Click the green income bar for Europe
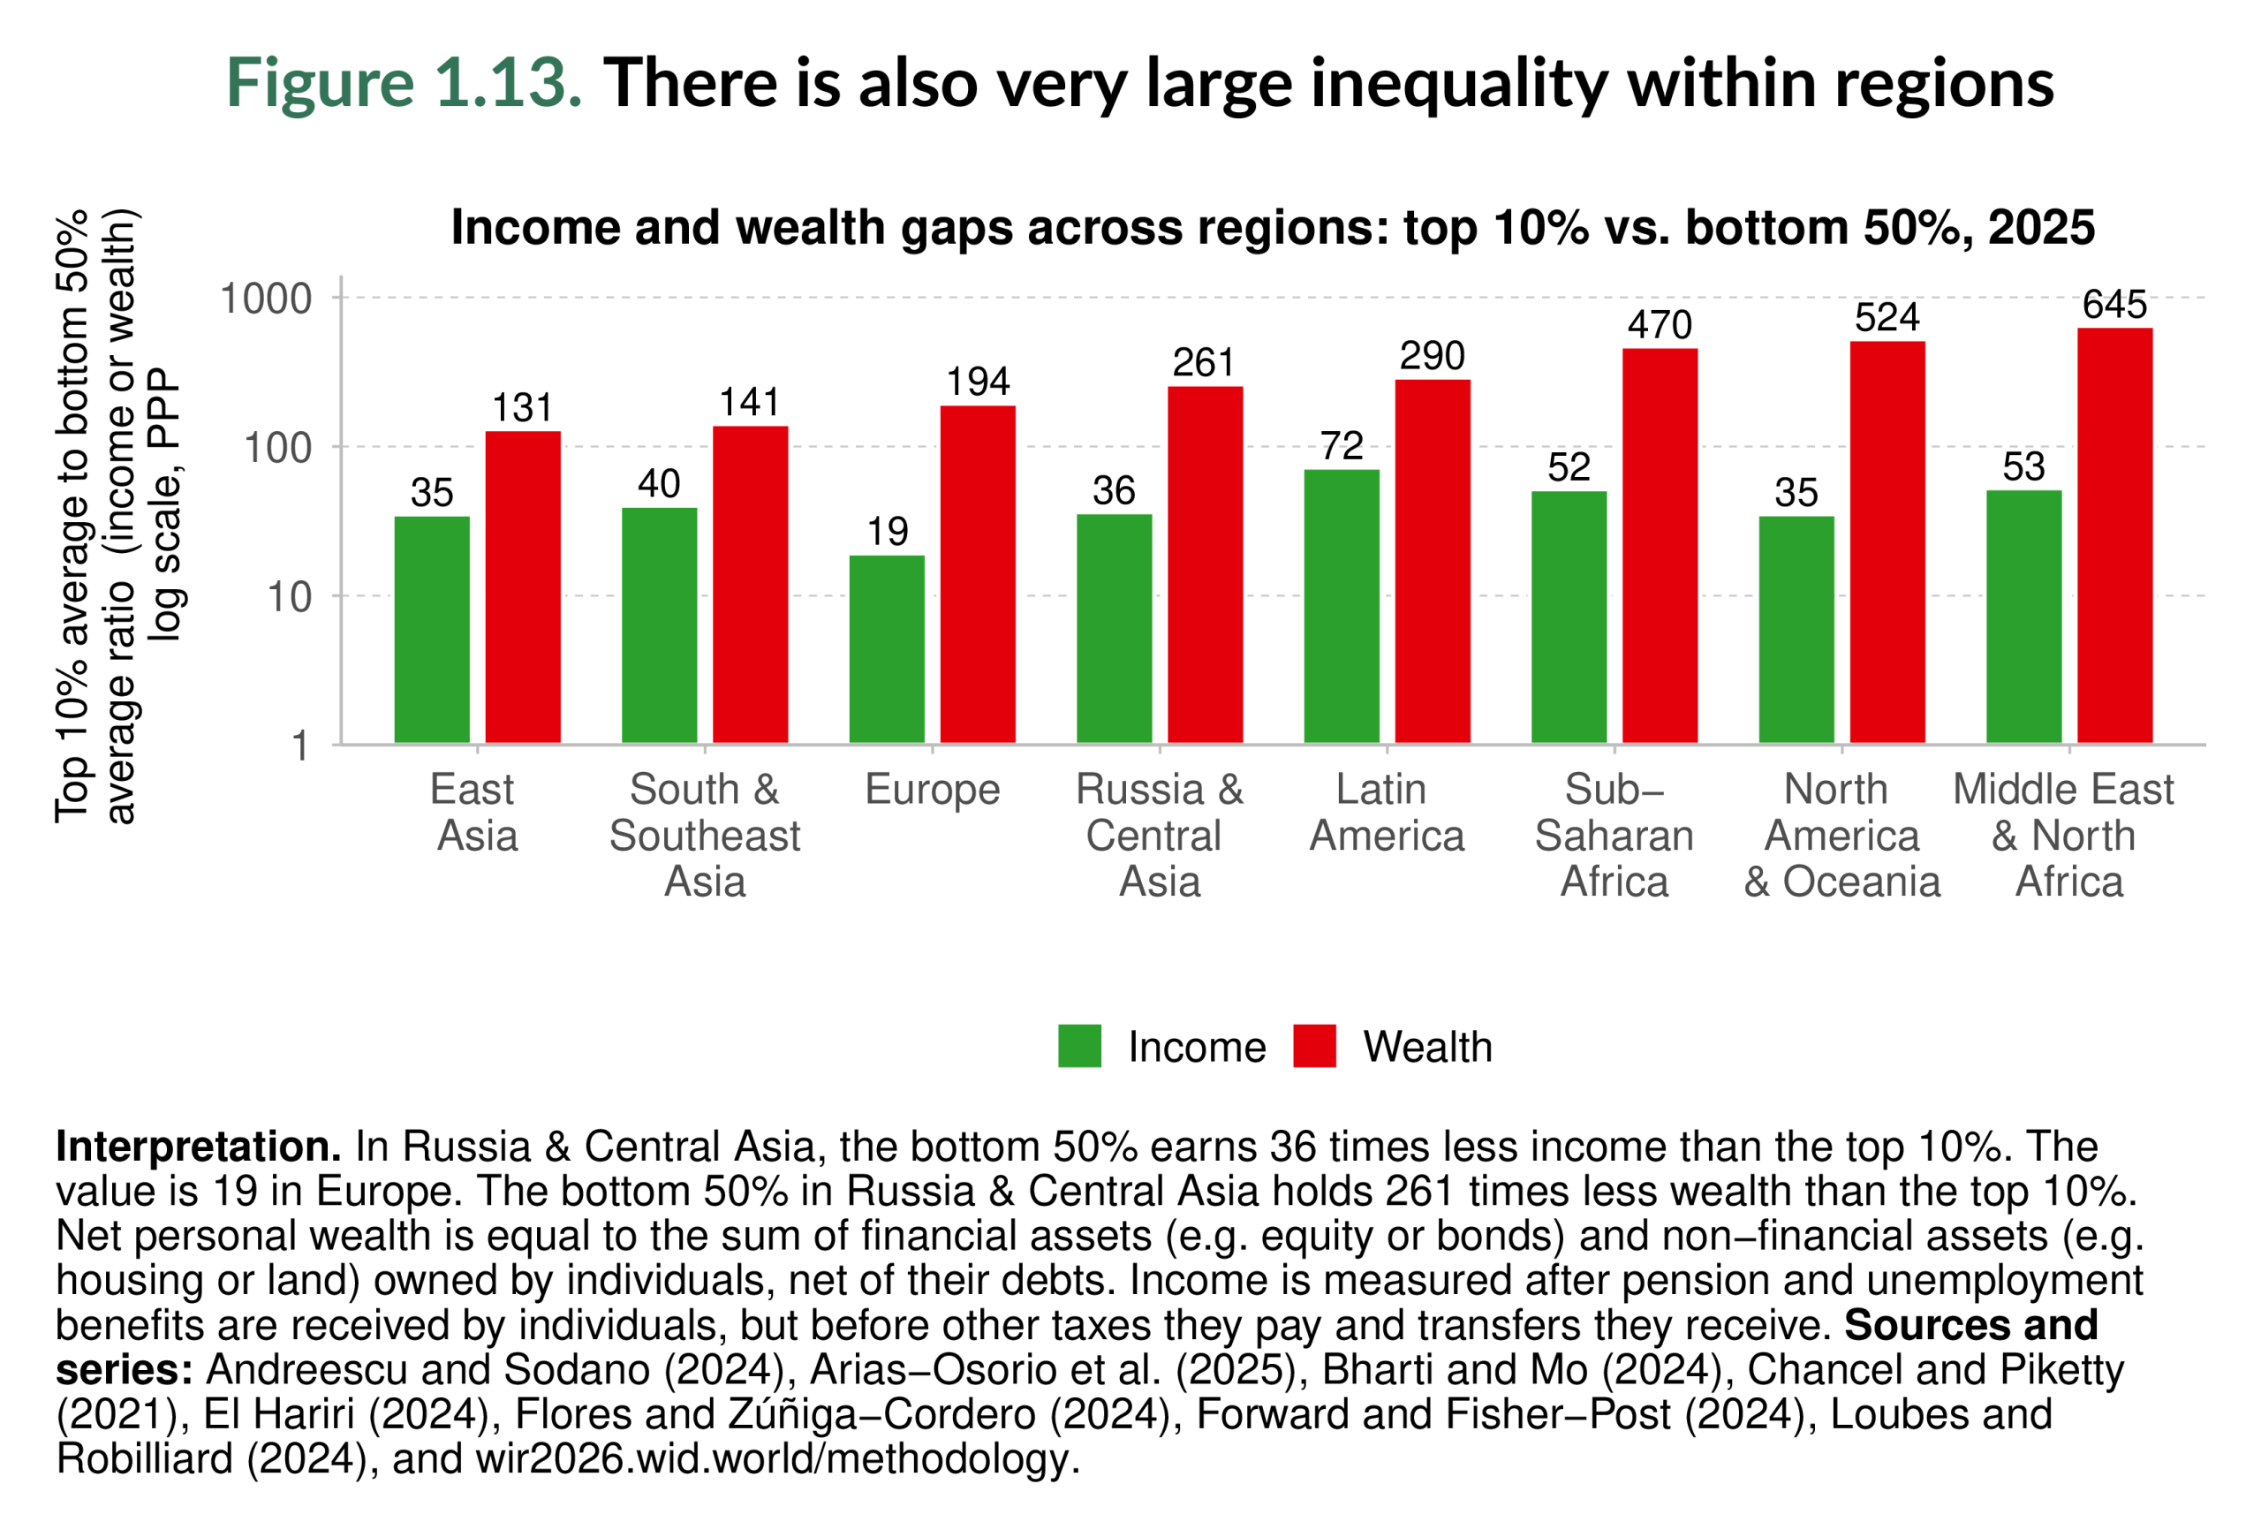[x=887, y=649]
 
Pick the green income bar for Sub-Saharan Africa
[x=1569, y=617]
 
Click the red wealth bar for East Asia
[x=523, y=587]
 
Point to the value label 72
[x=1341, y=446]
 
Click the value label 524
[x=1887, y=318]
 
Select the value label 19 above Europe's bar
[x=887, y=532]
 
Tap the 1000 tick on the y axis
[x=266, y=299]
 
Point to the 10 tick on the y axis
[x=289, y=597]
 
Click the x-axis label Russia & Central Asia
[x=1159, y=835]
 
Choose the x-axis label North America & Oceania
[x=1841, y=835]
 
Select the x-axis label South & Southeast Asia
[x=705, y=835]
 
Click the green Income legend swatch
[x=1079, y=1046]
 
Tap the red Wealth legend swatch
[x=1313, y=1046]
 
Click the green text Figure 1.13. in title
[x=404, y=83]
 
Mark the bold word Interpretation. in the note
[x=199, y=1147]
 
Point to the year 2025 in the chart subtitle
[x=2040, y=228]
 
